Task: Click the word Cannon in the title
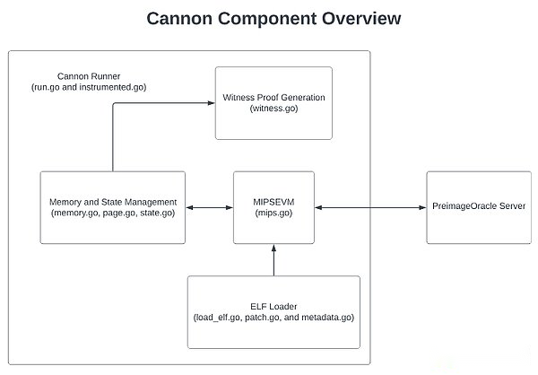coord(179,18)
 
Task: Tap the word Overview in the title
coord(361,18)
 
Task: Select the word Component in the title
coord(267,20)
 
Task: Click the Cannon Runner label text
coord(89,76)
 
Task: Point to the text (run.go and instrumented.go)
coord(89,87)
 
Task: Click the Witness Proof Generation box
coord(273,103)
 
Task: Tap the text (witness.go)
coord(273,109)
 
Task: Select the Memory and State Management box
coord(113,208)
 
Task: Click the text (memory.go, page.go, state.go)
coord(113,213)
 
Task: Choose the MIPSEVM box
coord(273,208)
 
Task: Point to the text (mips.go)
coord(273,213)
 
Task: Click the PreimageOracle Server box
coord(479,208)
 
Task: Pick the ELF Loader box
coord(273,312)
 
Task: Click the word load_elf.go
coord(218,318)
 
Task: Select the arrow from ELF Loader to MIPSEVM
coord(273,260)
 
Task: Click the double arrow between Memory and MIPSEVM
coord(209,208)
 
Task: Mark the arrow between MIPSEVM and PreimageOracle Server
coord(370,208)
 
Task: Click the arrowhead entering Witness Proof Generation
coord(212,103)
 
